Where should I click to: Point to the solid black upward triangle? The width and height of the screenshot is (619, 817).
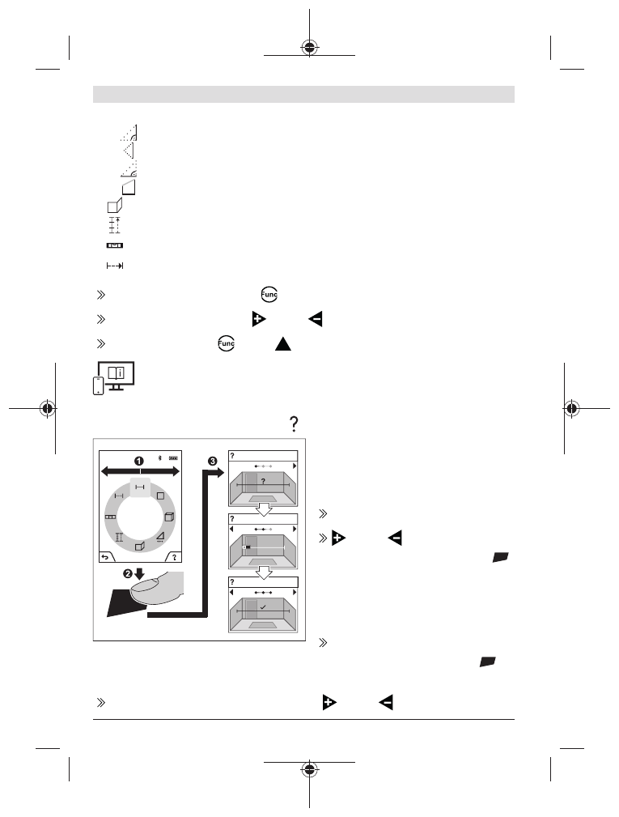tap(282, 344)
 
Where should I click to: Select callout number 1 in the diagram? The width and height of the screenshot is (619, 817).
tap(138, 460)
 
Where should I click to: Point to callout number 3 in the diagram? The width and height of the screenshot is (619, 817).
tap(213, 461)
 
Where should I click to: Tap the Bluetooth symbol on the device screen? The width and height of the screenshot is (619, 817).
tap(159, 458)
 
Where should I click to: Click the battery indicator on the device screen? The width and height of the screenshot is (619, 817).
tap(173, 458)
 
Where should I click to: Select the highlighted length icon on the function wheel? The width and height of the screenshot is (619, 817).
tap(139, 486)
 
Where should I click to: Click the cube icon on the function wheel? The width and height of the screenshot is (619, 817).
tap(168, 517)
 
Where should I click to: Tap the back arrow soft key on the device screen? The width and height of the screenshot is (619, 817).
tap(104, 557)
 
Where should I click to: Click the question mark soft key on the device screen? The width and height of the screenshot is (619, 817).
tap(174, 557)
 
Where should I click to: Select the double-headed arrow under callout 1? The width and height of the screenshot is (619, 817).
tap(139, 470)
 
